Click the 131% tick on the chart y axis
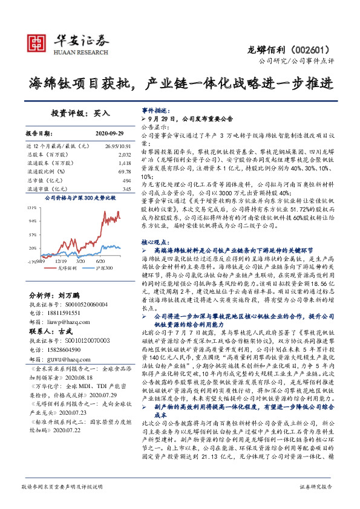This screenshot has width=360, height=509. pos(32,207)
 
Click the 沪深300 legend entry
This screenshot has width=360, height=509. pos(98,267)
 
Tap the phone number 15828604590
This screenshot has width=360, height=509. pos(68,349)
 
